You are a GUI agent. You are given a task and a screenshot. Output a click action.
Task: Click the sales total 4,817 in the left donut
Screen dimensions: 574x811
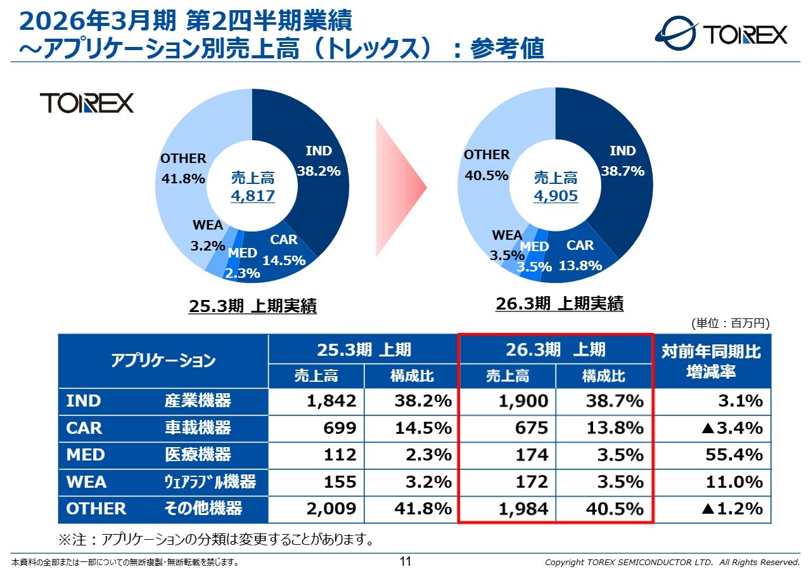pyautogui.click(x=253, y=196)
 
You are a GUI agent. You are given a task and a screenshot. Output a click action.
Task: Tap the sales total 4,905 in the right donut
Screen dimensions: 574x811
pyautogui.click(x=556, y=196)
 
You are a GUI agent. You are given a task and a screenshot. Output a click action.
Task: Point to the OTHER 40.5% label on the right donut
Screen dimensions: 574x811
pyautogui.click(x=487, y=165)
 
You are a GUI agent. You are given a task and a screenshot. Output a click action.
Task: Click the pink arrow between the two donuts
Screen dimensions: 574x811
pyautogui.click(x=399, y=188)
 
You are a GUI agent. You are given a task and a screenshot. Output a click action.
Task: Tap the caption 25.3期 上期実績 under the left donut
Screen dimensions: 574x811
pyautogui.click(x=253, y=307)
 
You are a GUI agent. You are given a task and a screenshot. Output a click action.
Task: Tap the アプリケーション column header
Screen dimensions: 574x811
pyautogui.click(x=163, y=362)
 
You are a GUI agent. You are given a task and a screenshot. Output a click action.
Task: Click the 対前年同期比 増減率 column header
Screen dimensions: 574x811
pyautogui.click(x=712, y=362)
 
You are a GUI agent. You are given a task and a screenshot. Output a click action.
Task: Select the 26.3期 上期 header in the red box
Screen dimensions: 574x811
pyautogui.click(x=556, y=349)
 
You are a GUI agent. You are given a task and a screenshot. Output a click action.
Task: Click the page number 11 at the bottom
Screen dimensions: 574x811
pyautogui.click(x=405, y=561)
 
